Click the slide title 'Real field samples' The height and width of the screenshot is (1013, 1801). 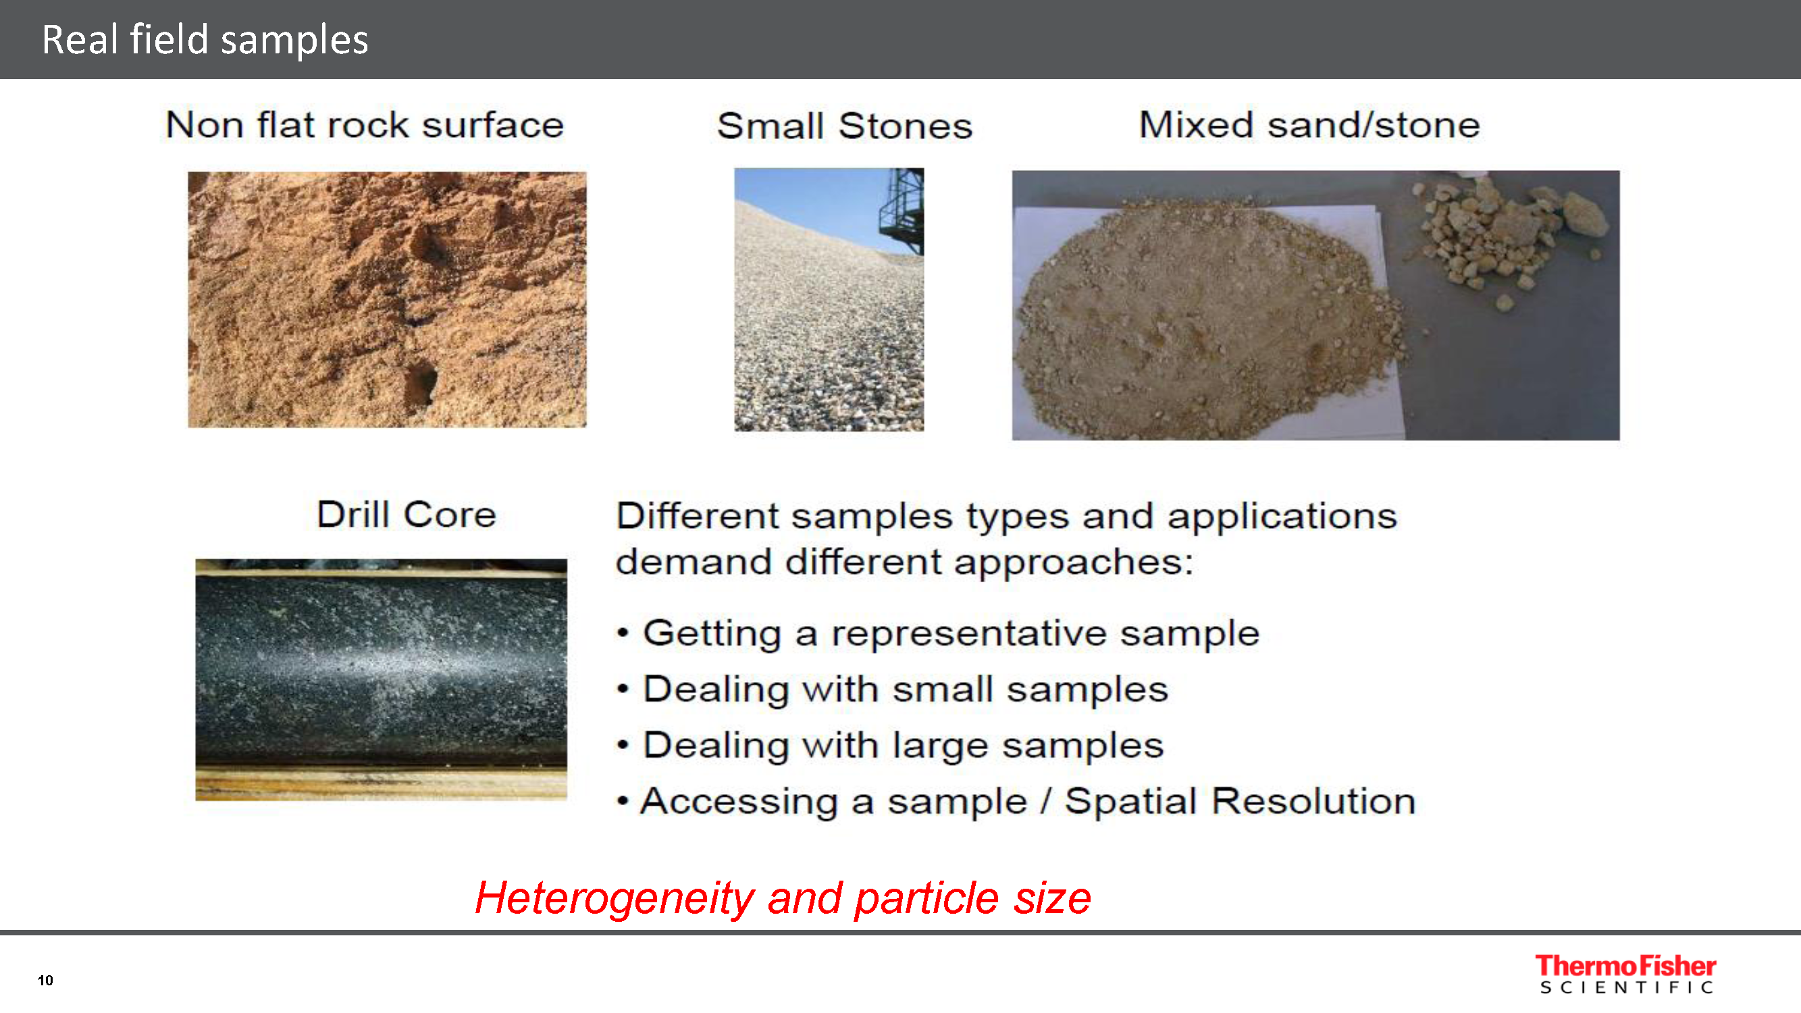point(205,39)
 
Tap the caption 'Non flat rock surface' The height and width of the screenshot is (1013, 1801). point(364,125)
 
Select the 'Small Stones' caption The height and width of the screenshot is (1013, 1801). point(845,126)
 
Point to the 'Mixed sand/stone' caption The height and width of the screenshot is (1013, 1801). point(1309,125)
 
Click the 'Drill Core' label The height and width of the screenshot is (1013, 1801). point(407,515)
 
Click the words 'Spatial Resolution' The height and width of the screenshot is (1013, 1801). point(1240,801)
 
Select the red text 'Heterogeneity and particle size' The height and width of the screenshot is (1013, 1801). point(783,898)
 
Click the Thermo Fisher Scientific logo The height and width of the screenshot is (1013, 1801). point(1625,974)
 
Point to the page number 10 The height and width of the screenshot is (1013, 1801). point(45,980)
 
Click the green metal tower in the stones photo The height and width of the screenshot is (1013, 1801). point(903,210)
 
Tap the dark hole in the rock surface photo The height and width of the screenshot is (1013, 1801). point(420,382)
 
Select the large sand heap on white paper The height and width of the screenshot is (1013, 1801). point(1206,318)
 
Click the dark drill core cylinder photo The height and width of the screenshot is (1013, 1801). point(381,679)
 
